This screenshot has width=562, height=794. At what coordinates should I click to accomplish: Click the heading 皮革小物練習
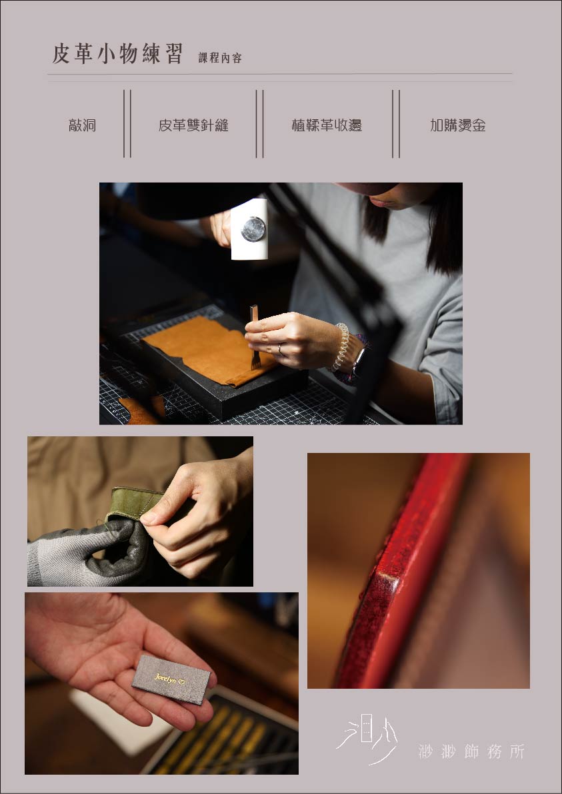click(117, 54)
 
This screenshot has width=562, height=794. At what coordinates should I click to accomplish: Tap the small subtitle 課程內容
click(220, 58)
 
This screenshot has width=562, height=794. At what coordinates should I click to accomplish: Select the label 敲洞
click(82, 125)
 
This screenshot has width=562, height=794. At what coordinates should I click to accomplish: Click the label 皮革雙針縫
click(193, 125)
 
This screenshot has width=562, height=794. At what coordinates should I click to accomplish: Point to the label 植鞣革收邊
click(327, 125)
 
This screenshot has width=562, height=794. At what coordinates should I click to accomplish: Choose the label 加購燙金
click(457, 125)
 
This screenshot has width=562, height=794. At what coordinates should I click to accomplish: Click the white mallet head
click(249, 229)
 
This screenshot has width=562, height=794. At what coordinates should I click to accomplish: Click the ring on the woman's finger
click(280, 349)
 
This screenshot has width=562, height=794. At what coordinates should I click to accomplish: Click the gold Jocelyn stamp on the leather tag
click(169, 677)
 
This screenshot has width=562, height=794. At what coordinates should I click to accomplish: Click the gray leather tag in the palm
click(171, 679)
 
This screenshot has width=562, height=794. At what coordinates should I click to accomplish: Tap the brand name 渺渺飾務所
click(472, 751)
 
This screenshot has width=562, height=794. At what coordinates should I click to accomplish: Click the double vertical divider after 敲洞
click(127, 123)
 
